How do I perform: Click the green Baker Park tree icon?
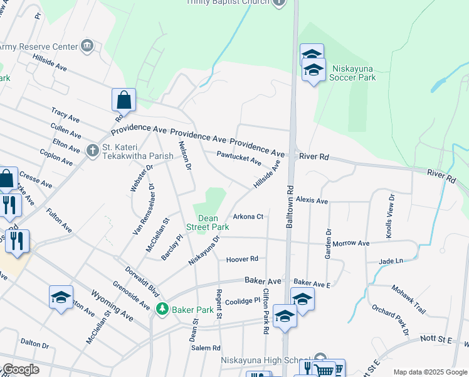tap(162, 309)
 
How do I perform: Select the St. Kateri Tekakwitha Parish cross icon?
tap(92, 150)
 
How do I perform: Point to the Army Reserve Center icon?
tap(87, 46)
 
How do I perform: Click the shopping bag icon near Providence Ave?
tap(124, 101)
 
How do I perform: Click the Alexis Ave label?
tap(312, 200)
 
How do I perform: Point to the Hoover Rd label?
tap(243, 259)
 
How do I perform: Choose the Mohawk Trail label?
tap(409, 292)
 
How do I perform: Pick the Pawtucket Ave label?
tap(239, 158)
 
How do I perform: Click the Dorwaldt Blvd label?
tap(142, 281)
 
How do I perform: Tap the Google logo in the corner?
tap(21, 369)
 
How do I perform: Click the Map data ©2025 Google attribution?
tap(429, 372)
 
